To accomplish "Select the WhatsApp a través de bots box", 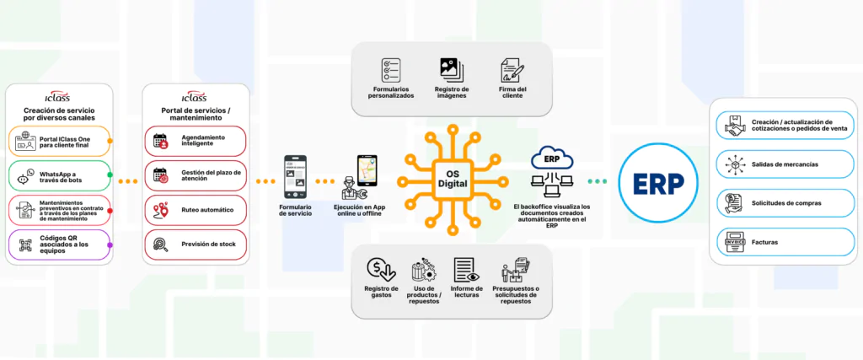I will point(60,176).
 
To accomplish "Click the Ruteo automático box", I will point(196,208).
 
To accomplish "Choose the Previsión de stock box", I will point(196,244).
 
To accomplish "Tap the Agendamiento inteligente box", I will point(196,141).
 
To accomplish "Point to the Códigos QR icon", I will point(24,246).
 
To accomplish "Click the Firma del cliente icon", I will point(510,70).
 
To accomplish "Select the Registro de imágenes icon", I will point(452,69).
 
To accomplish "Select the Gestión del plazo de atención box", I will point(196,175).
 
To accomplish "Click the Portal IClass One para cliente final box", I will point(60,141).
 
